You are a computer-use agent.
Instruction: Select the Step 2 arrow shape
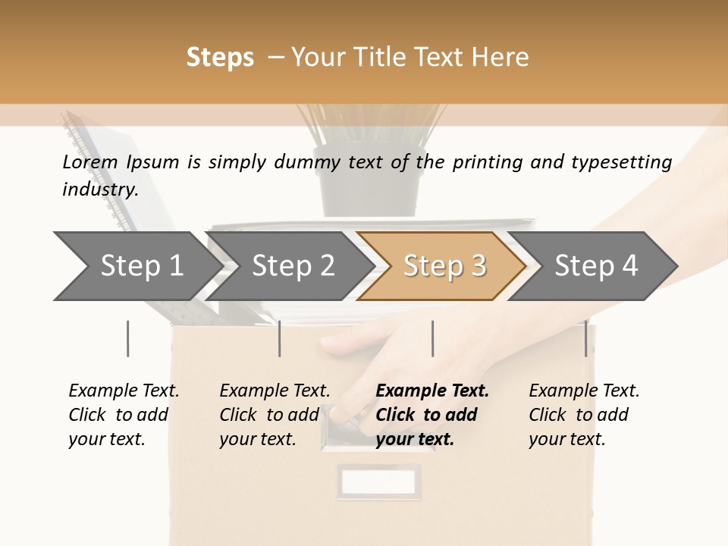(293, 266)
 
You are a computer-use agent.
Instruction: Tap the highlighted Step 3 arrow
(444, 266)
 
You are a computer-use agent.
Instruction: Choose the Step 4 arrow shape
(596, 266)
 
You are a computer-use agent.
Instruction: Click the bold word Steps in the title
(220, 58)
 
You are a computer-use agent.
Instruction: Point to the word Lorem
(90, 162)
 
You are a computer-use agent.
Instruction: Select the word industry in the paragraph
(99, 190)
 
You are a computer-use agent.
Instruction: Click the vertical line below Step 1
(128, 338)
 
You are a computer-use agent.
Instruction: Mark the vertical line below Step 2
(280, 338)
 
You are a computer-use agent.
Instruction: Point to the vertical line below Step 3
(432, 338)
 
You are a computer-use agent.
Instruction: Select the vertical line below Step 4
(585, 338)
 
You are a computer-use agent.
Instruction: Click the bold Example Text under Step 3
(432, 391)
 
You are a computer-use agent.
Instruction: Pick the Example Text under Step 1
(124, 391)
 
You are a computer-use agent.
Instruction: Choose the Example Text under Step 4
(584, 391)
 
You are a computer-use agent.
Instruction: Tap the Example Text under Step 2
(275, 391)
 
